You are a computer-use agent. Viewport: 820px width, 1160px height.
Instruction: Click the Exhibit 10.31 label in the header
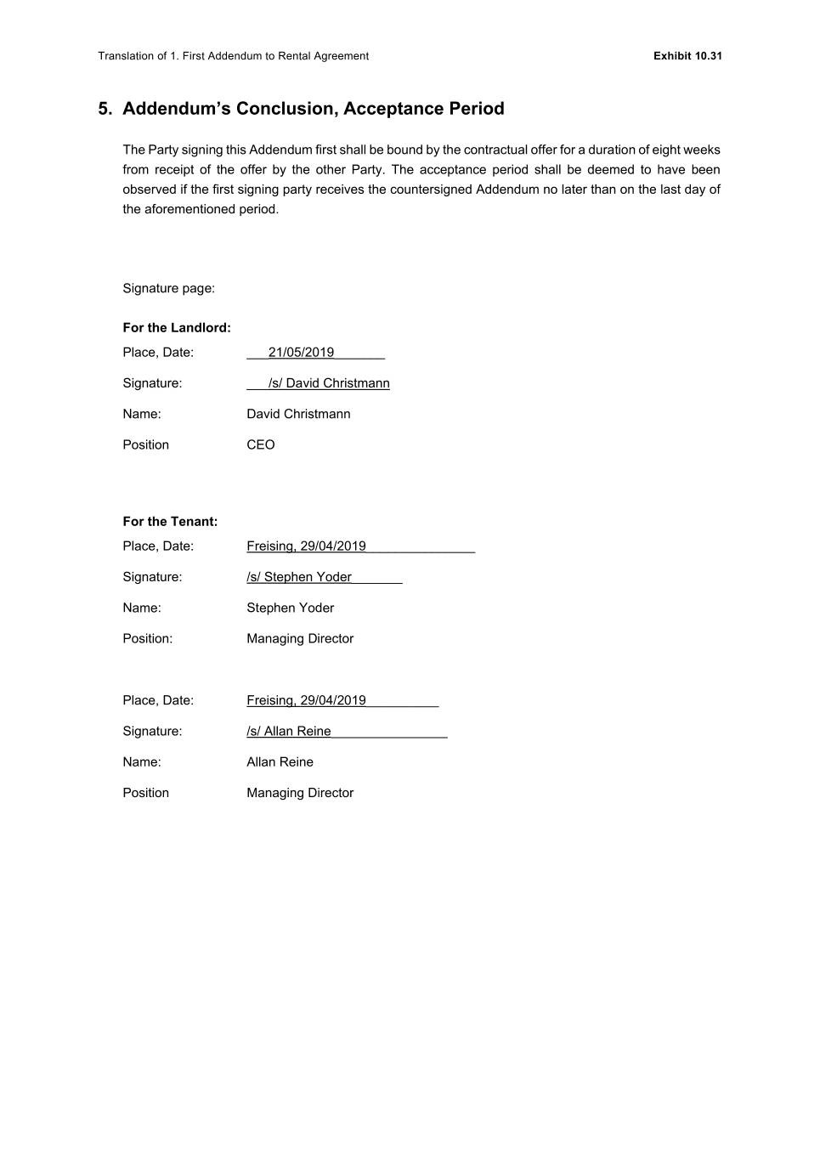tap(687, 56)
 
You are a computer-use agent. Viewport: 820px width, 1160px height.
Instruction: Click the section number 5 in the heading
tap(105, 109)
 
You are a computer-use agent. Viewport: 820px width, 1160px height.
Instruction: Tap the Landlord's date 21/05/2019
tap(301, 353)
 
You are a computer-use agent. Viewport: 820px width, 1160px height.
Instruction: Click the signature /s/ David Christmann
tap(329, 383)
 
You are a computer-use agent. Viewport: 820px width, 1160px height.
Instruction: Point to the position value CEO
tap(261, 444)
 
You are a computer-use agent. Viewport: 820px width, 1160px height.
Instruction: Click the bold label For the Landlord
tap(177, 328)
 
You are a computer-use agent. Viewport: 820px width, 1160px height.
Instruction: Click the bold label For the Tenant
tap(170, 522)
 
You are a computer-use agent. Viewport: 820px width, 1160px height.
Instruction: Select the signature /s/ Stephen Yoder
tap(299, 577)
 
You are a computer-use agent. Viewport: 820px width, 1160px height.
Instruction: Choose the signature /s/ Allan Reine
tap(289, 732)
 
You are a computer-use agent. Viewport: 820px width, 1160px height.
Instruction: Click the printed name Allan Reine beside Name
tap(280, 762)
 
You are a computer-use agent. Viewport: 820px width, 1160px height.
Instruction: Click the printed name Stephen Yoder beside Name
tap(290, 608)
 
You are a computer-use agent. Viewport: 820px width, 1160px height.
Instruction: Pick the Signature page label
tap(168, 288)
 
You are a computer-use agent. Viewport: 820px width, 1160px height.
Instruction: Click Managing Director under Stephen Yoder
tap(300, 638)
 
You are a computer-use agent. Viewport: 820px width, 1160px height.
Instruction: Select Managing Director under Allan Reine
tap(300, 793)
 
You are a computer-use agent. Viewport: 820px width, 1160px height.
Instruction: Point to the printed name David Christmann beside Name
tap(298, 414)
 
